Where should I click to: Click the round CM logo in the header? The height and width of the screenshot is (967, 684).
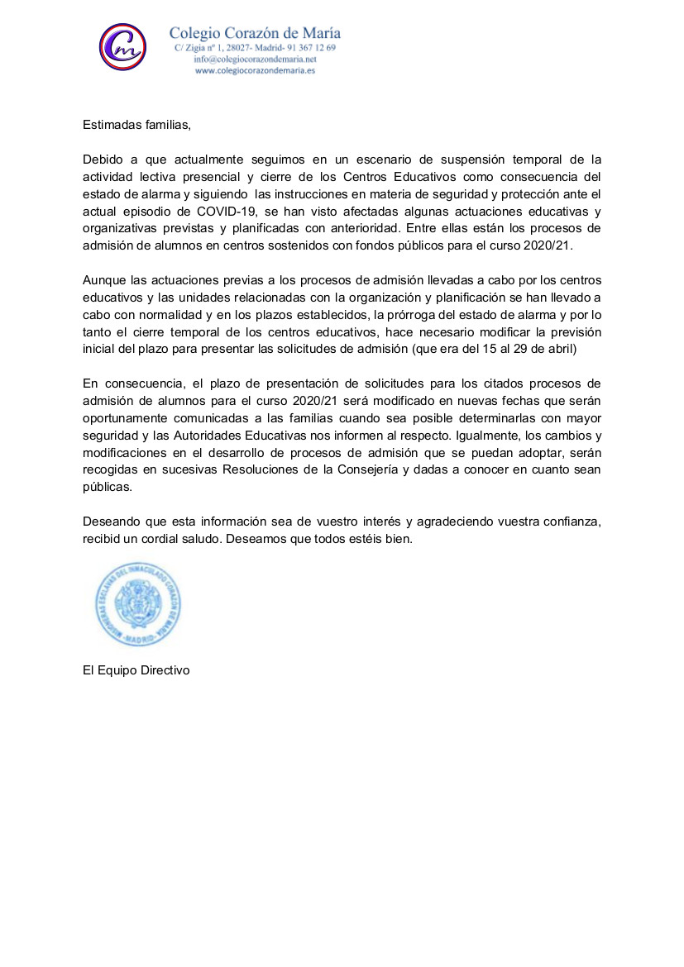click(122, 47)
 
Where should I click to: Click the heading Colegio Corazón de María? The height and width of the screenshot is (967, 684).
click(255, 34)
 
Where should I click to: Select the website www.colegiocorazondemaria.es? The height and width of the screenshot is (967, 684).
click(255, 71)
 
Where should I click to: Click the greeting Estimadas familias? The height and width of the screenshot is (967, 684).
click(136, 126)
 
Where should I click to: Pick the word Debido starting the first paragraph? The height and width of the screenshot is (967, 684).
click(102, 159)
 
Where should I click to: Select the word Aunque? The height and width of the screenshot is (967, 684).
click(103, 280)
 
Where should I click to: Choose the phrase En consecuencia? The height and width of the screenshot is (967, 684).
click(135, 383)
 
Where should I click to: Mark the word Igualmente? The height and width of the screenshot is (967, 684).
click(481, 435)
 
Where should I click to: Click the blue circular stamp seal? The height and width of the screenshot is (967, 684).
click(137, 603)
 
